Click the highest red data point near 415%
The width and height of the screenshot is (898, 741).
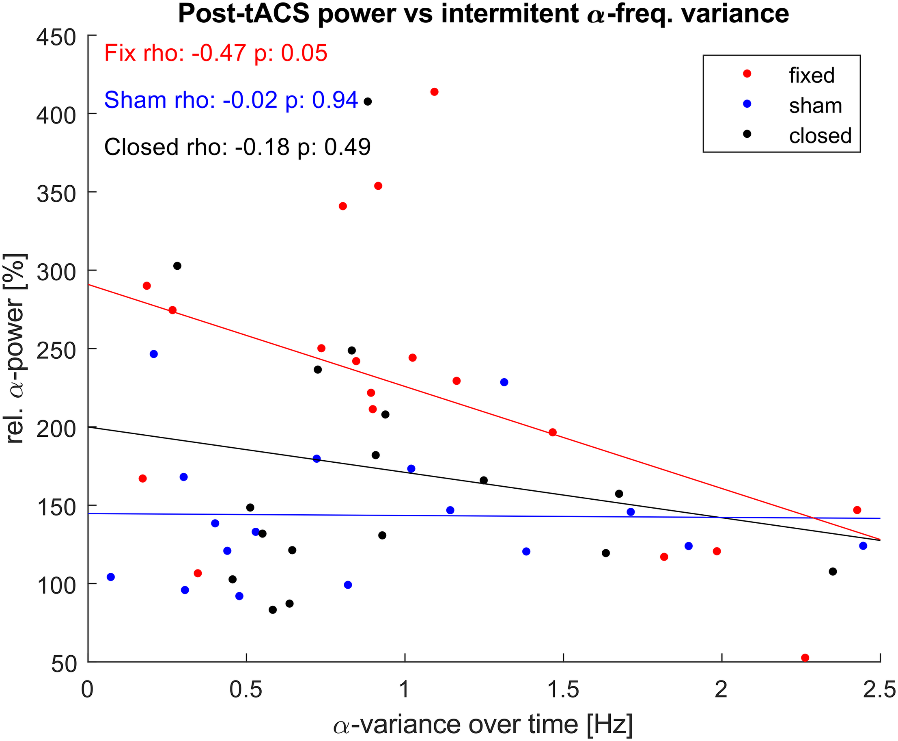[x=435, y=92]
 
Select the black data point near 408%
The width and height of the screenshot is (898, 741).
[x=368, y=102]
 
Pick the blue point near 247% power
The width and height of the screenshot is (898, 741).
[x=154, y=354]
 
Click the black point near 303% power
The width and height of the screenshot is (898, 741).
[x=177, y=266]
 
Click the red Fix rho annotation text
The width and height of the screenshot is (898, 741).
[x=216, y=53]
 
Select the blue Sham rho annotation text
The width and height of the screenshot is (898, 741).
[x=230, y=100]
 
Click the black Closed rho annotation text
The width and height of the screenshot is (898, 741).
[x=237, y=147]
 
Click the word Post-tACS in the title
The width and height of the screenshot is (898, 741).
[x=243, y=14]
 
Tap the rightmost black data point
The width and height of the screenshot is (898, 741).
[x=833, y=572]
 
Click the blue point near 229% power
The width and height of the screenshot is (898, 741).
[x=504, y=382]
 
